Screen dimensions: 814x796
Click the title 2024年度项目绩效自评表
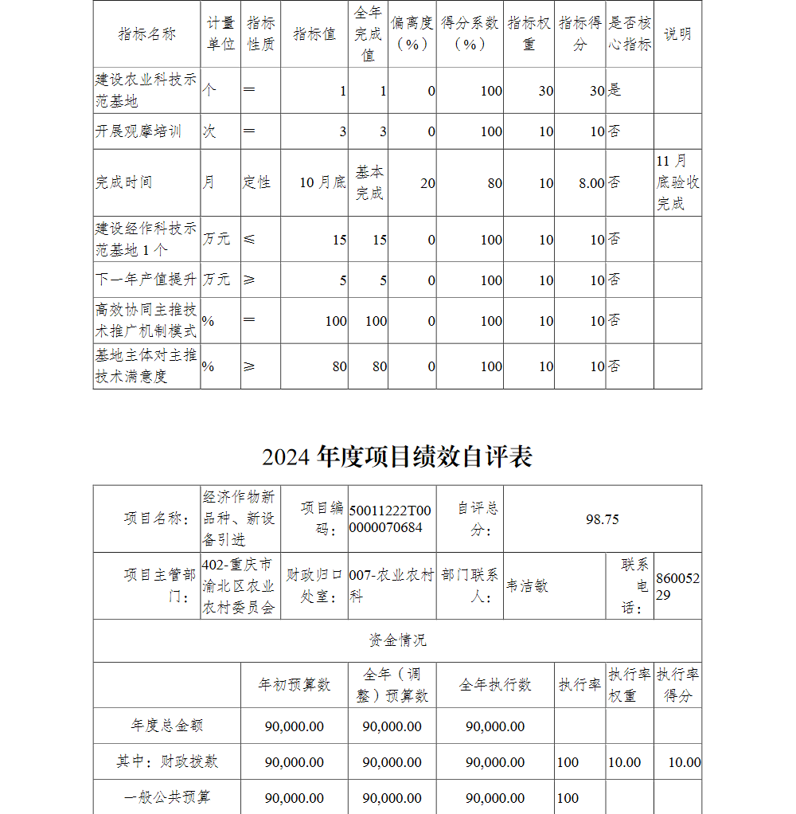tap(397, 457)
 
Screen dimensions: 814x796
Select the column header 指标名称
tap(146, 34)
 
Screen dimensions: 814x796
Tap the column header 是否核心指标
tap(630, 34)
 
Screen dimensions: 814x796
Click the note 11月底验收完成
tap(677, 183)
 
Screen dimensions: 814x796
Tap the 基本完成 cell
tap(369, 183)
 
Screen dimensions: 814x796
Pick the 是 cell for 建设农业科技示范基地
tap(615, 91)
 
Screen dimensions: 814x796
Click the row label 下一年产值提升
tap(146, 280)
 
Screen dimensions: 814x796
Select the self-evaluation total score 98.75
tap(602, 519)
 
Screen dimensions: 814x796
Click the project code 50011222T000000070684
tap(391, 519)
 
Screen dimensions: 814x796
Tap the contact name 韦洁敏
tap(528, 586)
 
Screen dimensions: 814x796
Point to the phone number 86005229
tap(677, 586)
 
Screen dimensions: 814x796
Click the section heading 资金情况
tap(397, 640)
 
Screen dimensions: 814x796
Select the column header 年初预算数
tap(295, 685)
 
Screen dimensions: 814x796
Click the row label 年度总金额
tap(167, 726)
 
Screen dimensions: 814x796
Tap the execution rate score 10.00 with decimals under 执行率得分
tap(685, 762)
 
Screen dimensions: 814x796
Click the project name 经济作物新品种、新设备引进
tap(240, 519)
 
